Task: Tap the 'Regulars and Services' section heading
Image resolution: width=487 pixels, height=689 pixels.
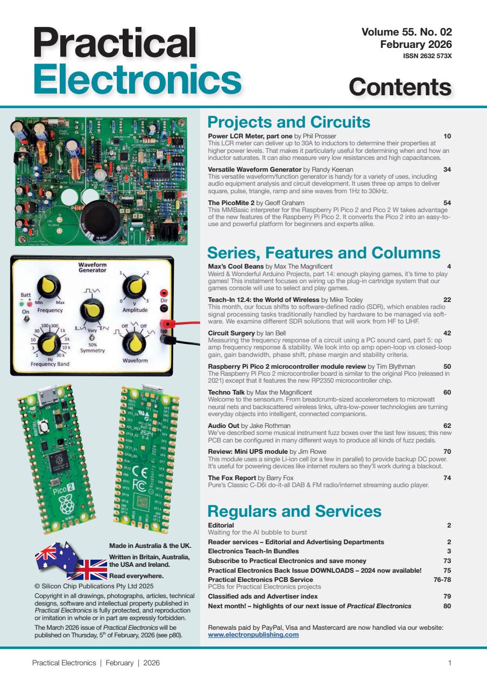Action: point(294,510)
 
